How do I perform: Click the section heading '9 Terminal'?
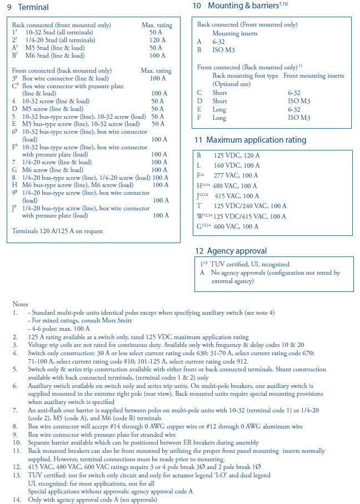pos(28,7)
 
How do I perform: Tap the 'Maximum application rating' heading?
pos(250,140)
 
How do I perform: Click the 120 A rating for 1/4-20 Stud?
pos(158,41)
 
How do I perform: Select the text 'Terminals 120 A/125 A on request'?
pos(57,231)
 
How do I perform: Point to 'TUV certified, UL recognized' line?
pos(250,264)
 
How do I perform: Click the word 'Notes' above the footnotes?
pos(21,304)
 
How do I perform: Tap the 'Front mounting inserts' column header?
pos(313,76)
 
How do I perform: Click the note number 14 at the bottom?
pos(16,500)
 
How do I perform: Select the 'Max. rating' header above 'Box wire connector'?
pos(156,71)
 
